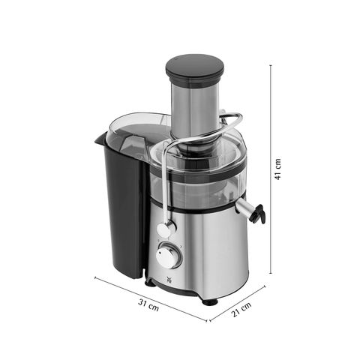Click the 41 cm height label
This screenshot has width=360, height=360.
tap(278, 169)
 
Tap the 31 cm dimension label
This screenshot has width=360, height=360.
tap(148, 305)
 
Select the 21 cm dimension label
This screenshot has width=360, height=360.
tap(241, 310)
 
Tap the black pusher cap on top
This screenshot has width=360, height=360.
tap(195, 68)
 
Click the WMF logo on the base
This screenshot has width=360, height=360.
tap(168, 280)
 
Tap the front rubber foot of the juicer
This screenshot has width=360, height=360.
tap(210, 301)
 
